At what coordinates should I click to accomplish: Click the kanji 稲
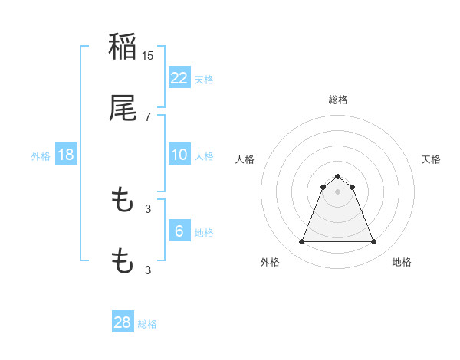pos(123,47)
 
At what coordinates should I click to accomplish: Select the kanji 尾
pos(123,108)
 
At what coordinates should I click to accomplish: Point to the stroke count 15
pos(149,55)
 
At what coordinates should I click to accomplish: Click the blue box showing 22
pos(179,77)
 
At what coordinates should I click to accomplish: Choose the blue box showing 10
pos(179,155)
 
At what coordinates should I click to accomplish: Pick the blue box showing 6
pos(179,231)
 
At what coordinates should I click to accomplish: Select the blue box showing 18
pos(66,155)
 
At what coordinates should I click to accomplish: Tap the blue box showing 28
pos(123,322)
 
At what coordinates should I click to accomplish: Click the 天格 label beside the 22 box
pos(204,79)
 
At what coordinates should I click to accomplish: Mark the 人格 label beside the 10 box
pos(204,155)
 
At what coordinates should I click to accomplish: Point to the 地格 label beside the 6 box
pos(204,232)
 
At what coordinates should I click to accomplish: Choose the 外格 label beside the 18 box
pos(41,155)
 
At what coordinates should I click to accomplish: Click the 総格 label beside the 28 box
pos(147,324)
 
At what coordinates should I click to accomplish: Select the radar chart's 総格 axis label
pos(337,100)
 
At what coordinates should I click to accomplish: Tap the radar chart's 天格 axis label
pos(432,159)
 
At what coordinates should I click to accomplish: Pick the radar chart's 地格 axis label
pos(402,262)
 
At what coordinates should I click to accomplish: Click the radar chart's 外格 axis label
pos(270,262)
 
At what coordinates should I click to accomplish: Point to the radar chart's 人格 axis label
pos(245,159)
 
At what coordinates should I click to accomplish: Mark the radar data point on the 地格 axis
pos(373,242)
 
